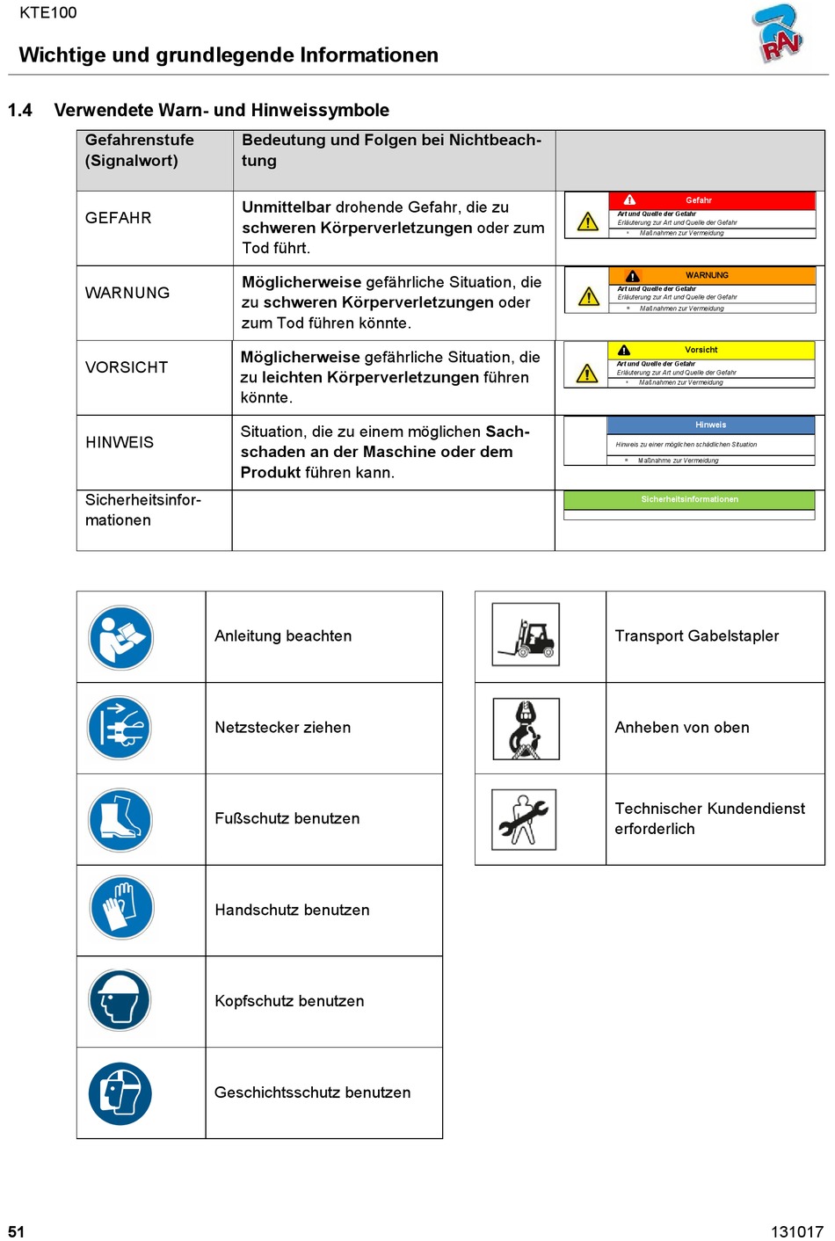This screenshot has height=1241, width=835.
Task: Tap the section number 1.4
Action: click(20, 111)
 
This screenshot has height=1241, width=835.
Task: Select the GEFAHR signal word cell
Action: click(119, 218)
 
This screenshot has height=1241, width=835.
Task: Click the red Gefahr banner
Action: click(711, 200)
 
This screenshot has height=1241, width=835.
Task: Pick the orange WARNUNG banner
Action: click(712, 275)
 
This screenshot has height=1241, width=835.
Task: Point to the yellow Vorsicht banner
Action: click(711, 350)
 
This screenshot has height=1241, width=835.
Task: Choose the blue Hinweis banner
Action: click(710, 425)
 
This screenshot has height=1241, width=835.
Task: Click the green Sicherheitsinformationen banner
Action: click(689, 499)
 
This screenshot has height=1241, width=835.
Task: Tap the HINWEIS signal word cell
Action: click(120, 442)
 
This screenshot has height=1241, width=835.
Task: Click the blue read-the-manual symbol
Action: click(121, 637)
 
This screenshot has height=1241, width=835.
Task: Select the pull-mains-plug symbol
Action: click(120, 728)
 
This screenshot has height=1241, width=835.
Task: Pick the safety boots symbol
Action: click(120, 819)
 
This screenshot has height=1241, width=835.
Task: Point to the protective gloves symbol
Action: click(121, 908)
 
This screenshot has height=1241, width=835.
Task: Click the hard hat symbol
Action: click(120, 1000)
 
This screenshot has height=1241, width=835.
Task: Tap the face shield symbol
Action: click(120, 1093)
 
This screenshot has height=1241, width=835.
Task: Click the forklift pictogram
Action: click(526, 635)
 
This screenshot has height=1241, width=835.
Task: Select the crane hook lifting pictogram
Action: click(526, 729)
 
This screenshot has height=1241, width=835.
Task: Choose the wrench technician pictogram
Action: click(524, 819)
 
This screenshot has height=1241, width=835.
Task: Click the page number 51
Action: click(17, 1231)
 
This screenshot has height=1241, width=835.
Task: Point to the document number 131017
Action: click(796, 1231)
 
